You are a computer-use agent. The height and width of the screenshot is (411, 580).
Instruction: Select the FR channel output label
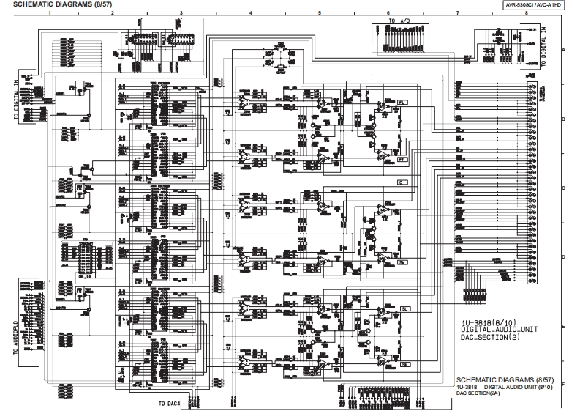pos(403,158)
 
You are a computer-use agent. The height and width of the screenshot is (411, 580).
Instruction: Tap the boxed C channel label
pos(402,182)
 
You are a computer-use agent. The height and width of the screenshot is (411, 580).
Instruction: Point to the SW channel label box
pos(402,262)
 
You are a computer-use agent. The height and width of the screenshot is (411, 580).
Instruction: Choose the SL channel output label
pos(403,310)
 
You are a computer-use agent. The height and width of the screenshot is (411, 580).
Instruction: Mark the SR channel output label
pos(403,363)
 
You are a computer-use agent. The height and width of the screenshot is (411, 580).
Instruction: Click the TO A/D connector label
pos(399,21)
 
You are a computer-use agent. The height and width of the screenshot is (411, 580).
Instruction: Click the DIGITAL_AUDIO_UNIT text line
pos(499,330)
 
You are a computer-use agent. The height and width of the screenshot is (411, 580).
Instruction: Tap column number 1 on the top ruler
pos(49,14)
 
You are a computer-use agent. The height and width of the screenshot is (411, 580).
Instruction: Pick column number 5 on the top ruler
pos(319,14)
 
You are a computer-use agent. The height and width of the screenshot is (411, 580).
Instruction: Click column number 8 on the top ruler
pos(527,14)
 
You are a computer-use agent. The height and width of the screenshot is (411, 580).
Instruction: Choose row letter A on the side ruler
pos(564,49)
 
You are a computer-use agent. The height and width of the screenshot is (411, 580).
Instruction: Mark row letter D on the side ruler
pos(564,257)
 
